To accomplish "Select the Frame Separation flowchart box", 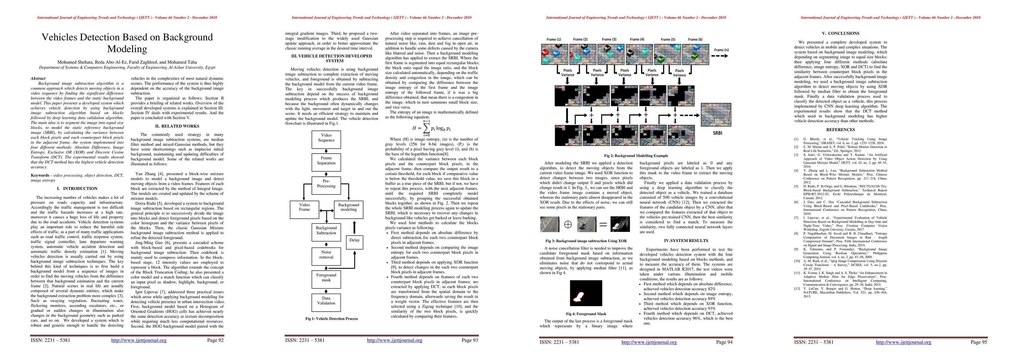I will (326, 160).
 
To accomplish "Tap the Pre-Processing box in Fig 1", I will (326, 183).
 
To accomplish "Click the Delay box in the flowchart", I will (354, 240).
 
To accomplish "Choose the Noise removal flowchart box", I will (326, 254).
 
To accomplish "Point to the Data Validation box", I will (326, 301).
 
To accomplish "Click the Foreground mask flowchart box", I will (326, 277).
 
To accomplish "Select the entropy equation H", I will (431, 128).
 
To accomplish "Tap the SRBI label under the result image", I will (717, 133).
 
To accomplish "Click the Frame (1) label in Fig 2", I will (554, 40).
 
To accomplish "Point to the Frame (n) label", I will (721, 50).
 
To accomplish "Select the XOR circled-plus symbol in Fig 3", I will (568, 224).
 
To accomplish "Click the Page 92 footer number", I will (215, 340).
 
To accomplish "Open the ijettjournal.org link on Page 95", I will (903, 342).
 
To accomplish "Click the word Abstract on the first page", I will (38, 79).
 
